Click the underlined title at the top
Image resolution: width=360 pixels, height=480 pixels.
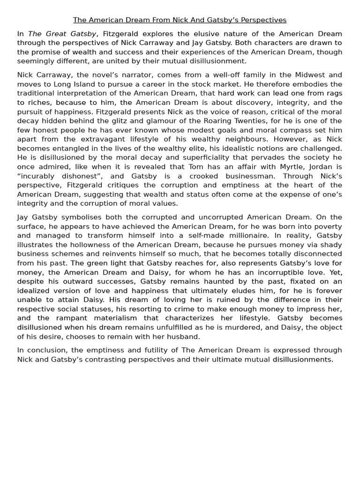180,20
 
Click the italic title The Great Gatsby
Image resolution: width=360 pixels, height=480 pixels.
62,34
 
